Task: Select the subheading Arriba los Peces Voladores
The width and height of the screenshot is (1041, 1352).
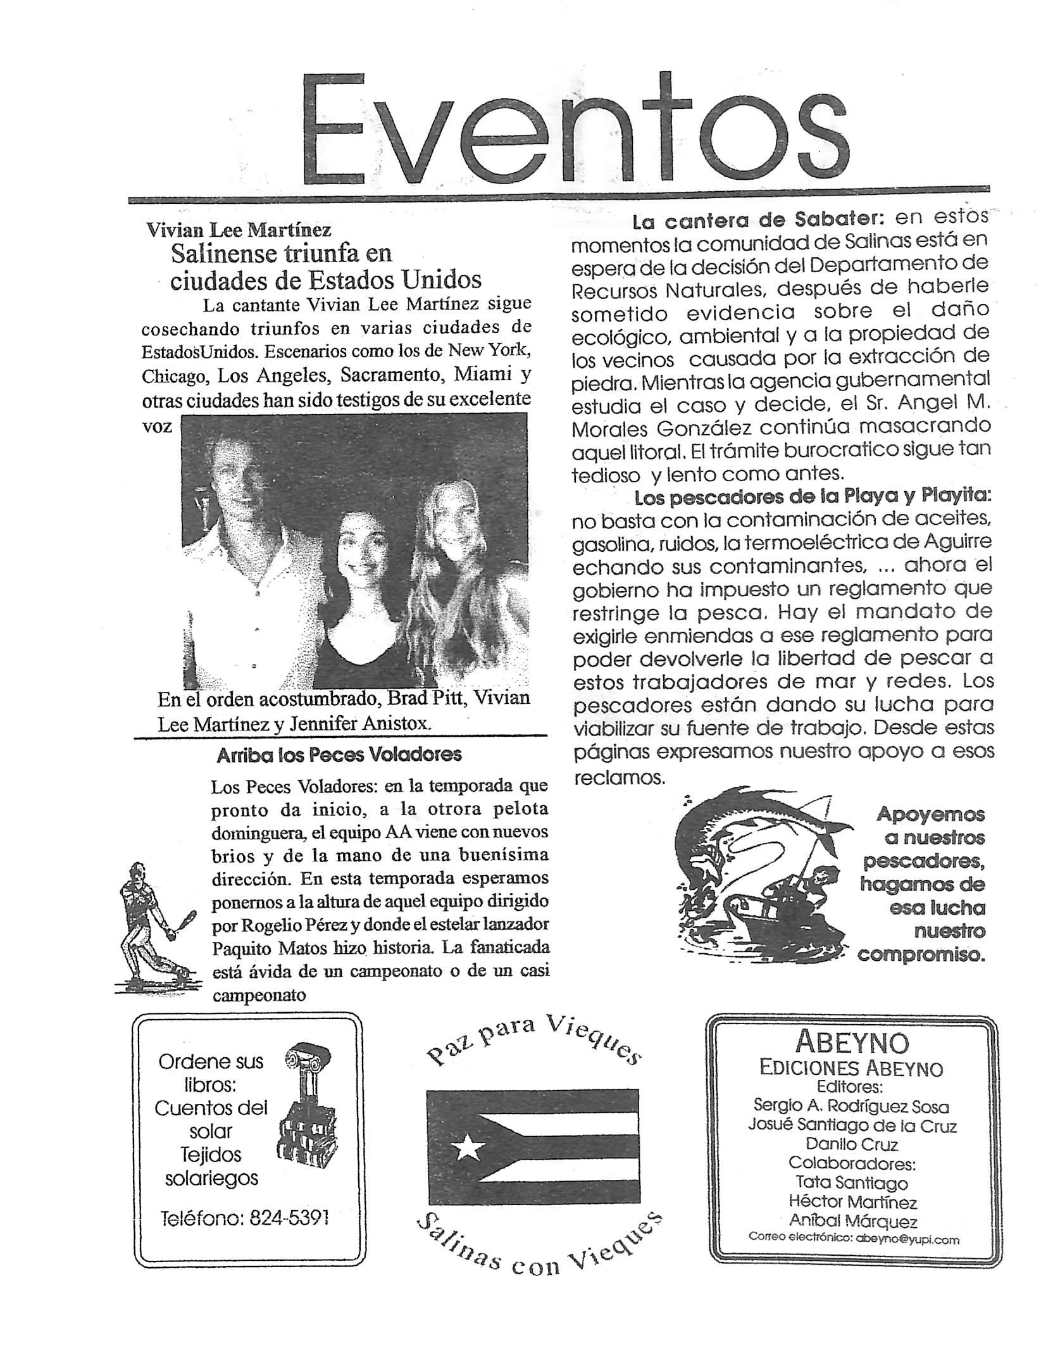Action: click(x=339, y=755)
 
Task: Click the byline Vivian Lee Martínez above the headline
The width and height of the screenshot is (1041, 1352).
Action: click(x=239, y=230)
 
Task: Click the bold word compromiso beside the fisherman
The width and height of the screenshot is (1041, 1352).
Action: click(x=921, y=955)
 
